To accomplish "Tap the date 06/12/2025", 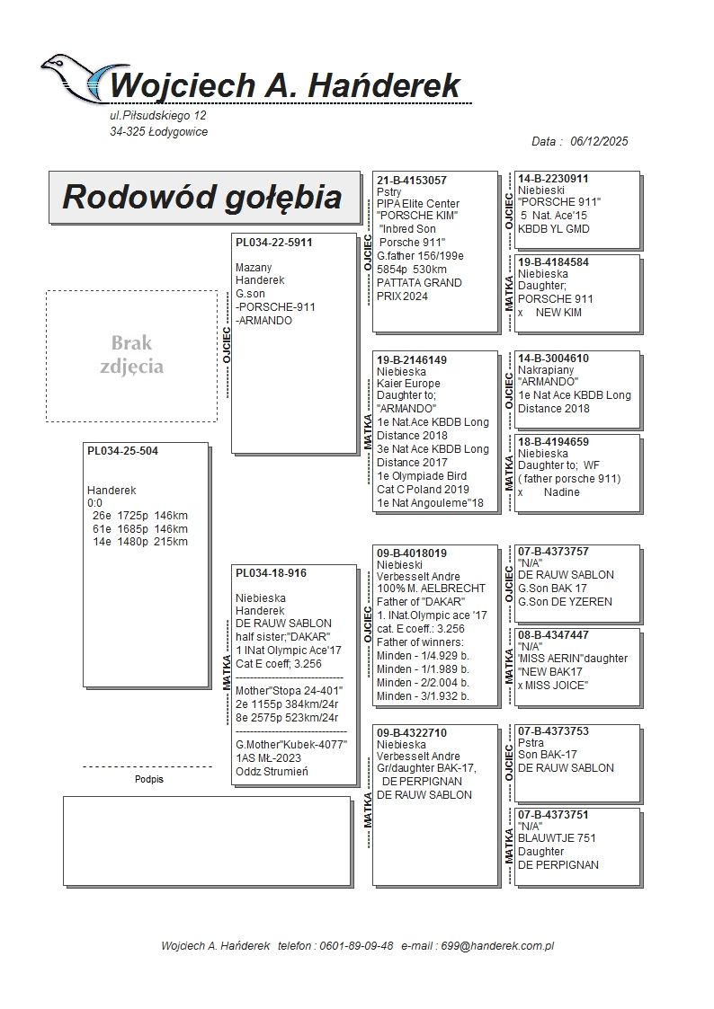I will (599, 141).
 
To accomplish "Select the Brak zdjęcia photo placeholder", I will (131, 356).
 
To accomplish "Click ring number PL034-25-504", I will (122, 451).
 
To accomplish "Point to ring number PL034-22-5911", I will (274, 242).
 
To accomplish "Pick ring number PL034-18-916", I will (271, 572).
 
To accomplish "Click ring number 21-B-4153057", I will (412, 181).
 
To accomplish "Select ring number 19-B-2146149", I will (412, 359).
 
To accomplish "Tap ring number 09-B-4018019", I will (412, 553).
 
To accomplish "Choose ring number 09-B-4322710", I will (412, 733).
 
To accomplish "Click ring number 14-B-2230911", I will (553, 179).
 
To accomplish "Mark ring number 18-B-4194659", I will (553, 442).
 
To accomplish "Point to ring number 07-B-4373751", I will (553, 815).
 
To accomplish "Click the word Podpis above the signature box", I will (149, 780).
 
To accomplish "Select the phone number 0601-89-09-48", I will (354, 945).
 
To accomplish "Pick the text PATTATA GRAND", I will (419, 283).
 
